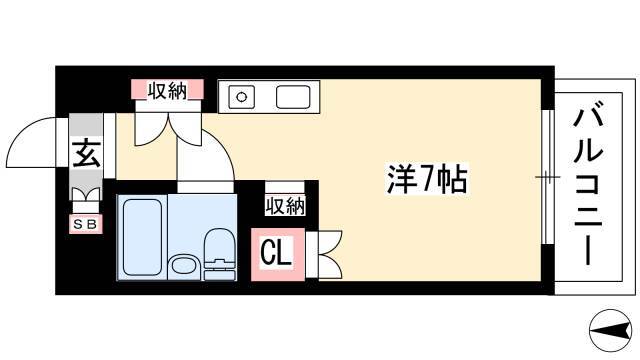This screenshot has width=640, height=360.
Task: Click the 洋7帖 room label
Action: click(x=427, y=179)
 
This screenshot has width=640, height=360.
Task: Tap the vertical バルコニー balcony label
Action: click(x=588, y=187)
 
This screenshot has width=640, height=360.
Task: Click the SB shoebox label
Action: click(x=86, y=224)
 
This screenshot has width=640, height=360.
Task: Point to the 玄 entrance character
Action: click(x=87, y=153)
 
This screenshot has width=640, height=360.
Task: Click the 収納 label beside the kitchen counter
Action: click(x=167, y=90)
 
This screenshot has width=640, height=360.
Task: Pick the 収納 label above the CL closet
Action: click(x=285, y=205)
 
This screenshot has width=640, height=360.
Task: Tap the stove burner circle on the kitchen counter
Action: click(x=242, y=97)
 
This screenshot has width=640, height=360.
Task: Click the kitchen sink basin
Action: click(x=293, y=97)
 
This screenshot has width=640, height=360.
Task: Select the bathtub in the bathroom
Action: click(x=142, y=237)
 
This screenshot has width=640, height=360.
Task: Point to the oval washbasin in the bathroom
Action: click(x=183, y=266)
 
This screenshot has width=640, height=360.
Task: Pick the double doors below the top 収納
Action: click(x=168, y=129)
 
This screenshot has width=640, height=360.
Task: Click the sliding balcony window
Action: click(x=548, y=177)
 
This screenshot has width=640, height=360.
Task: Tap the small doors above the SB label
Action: click(x=86, y=194)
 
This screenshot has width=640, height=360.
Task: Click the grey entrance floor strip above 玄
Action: click(x=86, y=125)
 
